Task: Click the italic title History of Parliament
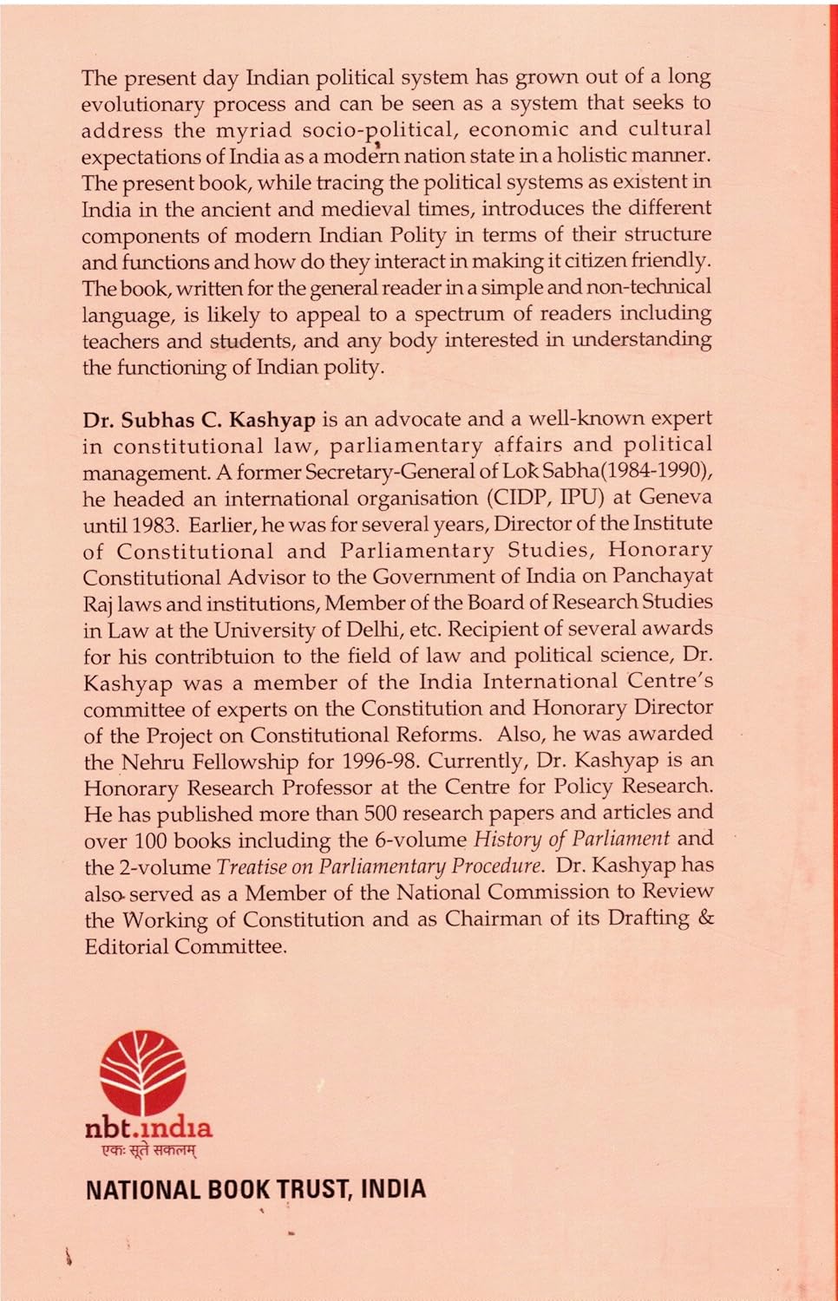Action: point(572,839)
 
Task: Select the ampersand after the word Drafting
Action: point(706,918)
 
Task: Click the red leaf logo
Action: point(142,1072)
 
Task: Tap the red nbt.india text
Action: point(148,1128)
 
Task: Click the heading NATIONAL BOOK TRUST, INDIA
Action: point(256,1189)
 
